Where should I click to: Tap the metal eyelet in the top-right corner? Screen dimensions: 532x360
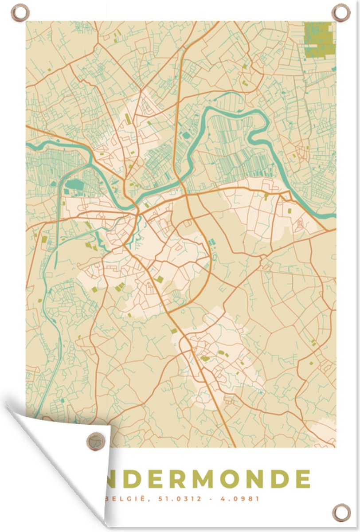tap(341, 12)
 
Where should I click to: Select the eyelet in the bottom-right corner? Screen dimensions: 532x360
tap(341, 512)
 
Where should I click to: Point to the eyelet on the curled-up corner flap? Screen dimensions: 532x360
tap(95, 440)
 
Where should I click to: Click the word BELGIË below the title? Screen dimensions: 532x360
tap(120, 499)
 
